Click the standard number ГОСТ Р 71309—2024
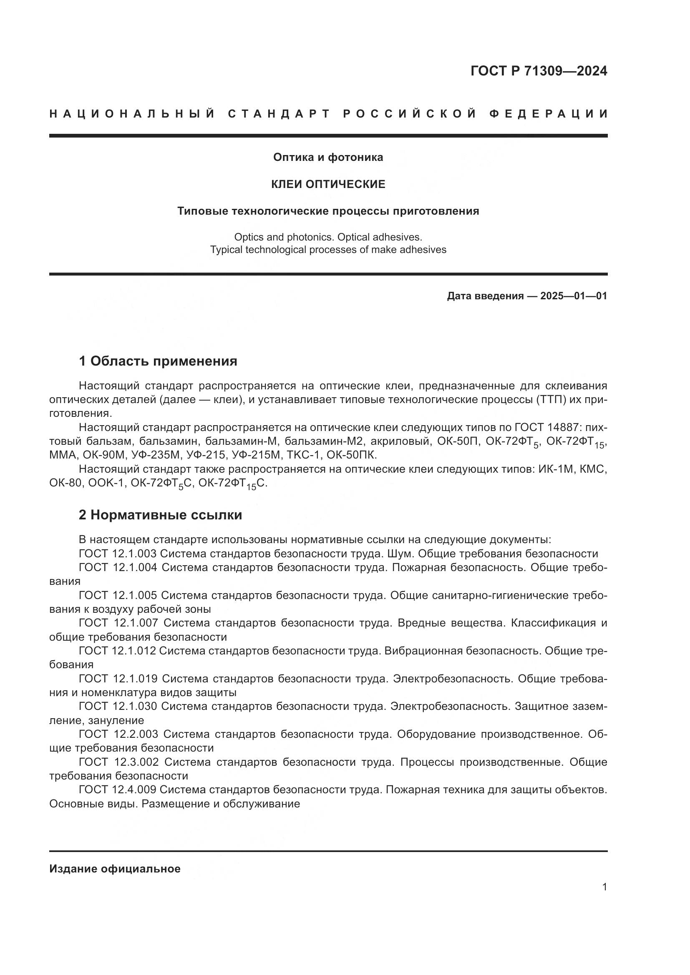tap(538, 71)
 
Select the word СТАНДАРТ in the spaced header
tap(279, 114)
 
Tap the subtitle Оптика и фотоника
tap(328, 157)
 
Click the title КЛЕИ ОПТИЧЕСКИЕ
tap(328, 184)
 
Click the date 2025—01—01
tap(574, 296)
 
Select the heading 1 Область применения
tap(158, 361)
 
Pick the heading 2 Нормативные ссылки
tap(160, 515)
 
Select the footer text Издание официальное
tap(115, 869)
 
